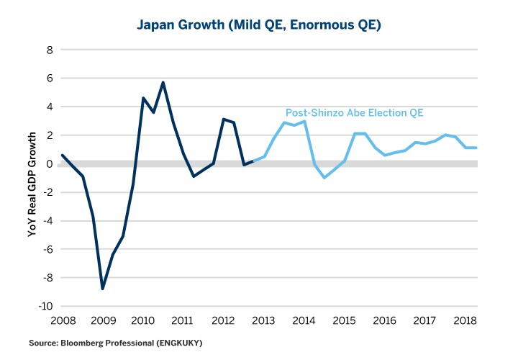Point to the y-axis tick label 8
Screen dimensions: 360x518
click(x=50, y=50)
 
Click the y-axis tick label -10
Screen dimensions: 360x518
click(x=47, y=306)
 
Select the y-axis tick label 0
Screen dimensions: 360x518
click(x=50, y=163)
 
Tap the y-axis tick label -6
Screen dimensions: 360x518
click(x=48, y=249)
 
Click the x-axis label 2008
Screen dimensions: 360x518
click(x=62, y=321)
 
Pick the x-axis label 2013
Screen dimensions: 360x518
click(x=265, y=321)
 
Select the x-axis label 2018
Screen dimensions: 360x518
click(x=467, y=321)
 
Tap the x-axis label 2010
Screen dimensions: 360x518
click(x=143, y=321)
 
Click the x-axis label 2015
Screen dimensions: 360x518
click(x=345, y=321)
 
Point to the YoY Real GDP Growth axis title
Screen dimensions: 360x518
click(x=32, y=179)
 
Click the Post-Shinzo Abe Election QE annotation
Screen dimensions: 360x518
click(x=355, y=113)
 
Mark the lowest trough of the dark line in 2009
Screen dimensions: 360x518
click(x=103, y=289)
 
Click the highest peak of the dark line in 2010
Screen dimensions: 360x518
click(x=163, y=82)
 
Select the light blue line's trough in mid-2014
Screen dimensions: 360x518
click(x=325, y=177)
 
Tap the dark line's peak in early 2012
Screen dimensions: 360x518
click(x=224, y=119)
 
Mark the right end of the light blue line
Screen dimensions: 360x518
click(x=476, y=148)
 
